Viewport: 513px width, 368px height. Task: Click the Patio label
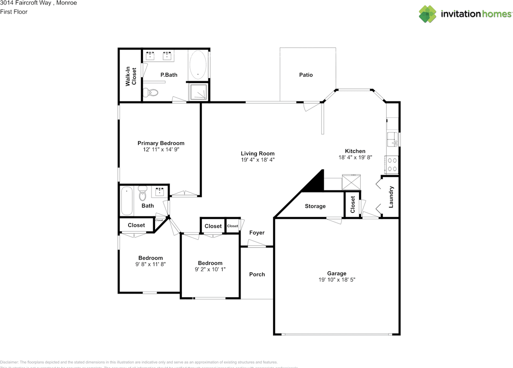click(x=306, y=75)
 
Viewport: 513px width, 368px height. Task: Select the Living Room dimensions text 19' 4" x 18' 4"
click(x=257, y=160)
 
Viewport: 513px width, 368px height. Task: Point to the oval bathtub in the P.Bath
click(x=198, y=65)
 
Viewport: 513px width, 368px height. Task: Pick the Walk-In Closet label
click(x=131, y=76)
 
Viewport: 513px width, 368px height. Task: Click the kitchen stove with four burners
click(x=392, y=164)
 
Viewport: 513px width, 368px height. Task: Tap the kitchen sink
click(x=392, y=139)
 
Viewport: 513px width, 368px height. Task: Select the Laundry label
click(x=391, y=197)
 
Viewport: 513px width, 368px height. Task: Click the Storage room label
click(x=315, y=206)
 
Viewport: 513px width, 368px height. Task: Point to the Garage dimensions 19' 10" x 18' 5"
click(x=337, y=280)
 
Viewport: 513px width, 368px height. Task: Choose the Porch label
click(x=257, y=275)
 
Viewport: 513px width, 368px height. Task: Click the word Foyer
click(x=257, y=233)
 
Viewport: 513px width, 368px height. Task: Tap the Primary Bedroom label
click(x=161, y=143)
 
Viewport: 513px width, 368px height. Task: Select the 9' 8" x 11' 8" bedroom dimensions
click(x=150, y=264)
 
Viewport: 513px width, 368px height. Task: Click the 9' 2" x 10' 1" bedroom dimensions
click(x=210, y=269)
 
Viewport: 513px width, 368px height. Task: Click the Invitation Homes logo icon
click(x=428, y=14)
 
